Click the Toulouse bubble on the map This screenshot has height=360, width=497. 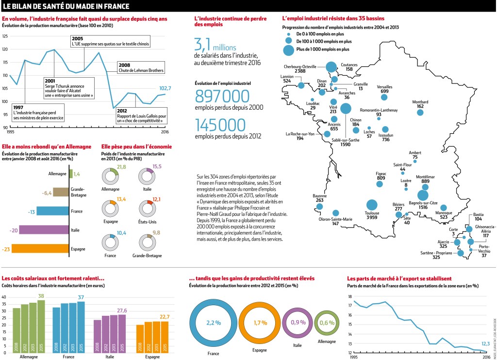click(x=372, y=206)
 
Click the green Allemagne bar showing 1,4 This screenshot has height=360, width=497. click(x=71, y=174)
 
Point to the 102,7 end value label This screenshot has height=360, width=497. click(x=165, y=88)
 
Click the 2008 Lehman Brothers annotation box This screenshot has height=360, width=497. click(x=140, y=67)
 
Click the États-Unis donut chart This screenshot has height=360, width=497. click(x=146, y=209)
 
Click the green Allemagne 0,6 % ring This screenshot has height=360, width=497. click(x=328, y=322)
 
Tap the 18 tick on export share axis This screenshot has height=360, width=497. click(x=350, y=296)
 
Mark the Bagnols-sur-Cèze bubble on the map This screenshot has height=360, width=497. click(x=423, y=195)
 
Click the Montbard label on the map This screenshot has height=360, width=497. click(x=420, y=103)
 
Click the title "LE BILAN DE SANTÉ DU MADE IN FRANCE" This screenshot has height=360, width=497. click(x=67, y=6)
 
